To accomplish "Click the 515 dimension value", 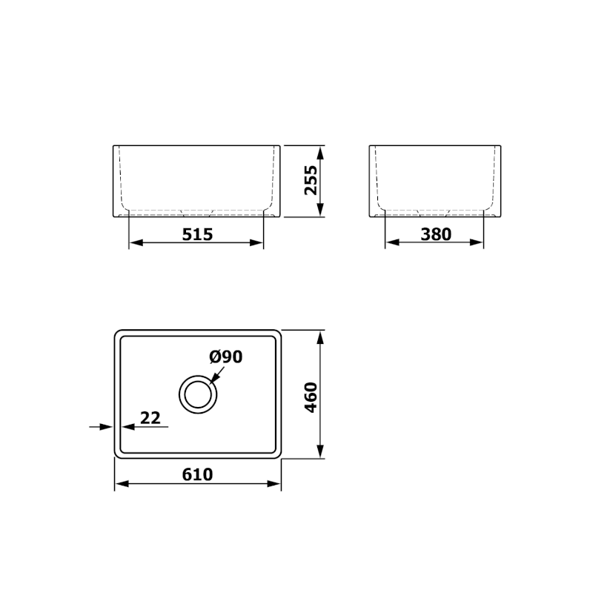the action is pos(197,234).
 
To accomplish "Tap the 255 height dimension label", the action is pos(311,180).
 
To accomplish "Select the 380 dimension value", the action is pos(436,234).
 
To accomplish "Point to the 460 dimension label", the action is pos(311,397).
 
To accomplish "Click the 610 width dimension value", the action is pos(197,474).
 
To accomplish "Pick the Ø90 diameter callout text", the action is pos(226,357).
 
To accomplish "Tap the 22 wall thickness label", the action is pos(150,418).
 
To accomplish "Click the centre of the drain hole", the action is pos(198,394).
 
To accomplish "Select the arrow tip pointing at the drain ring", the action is pos(211,382).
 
